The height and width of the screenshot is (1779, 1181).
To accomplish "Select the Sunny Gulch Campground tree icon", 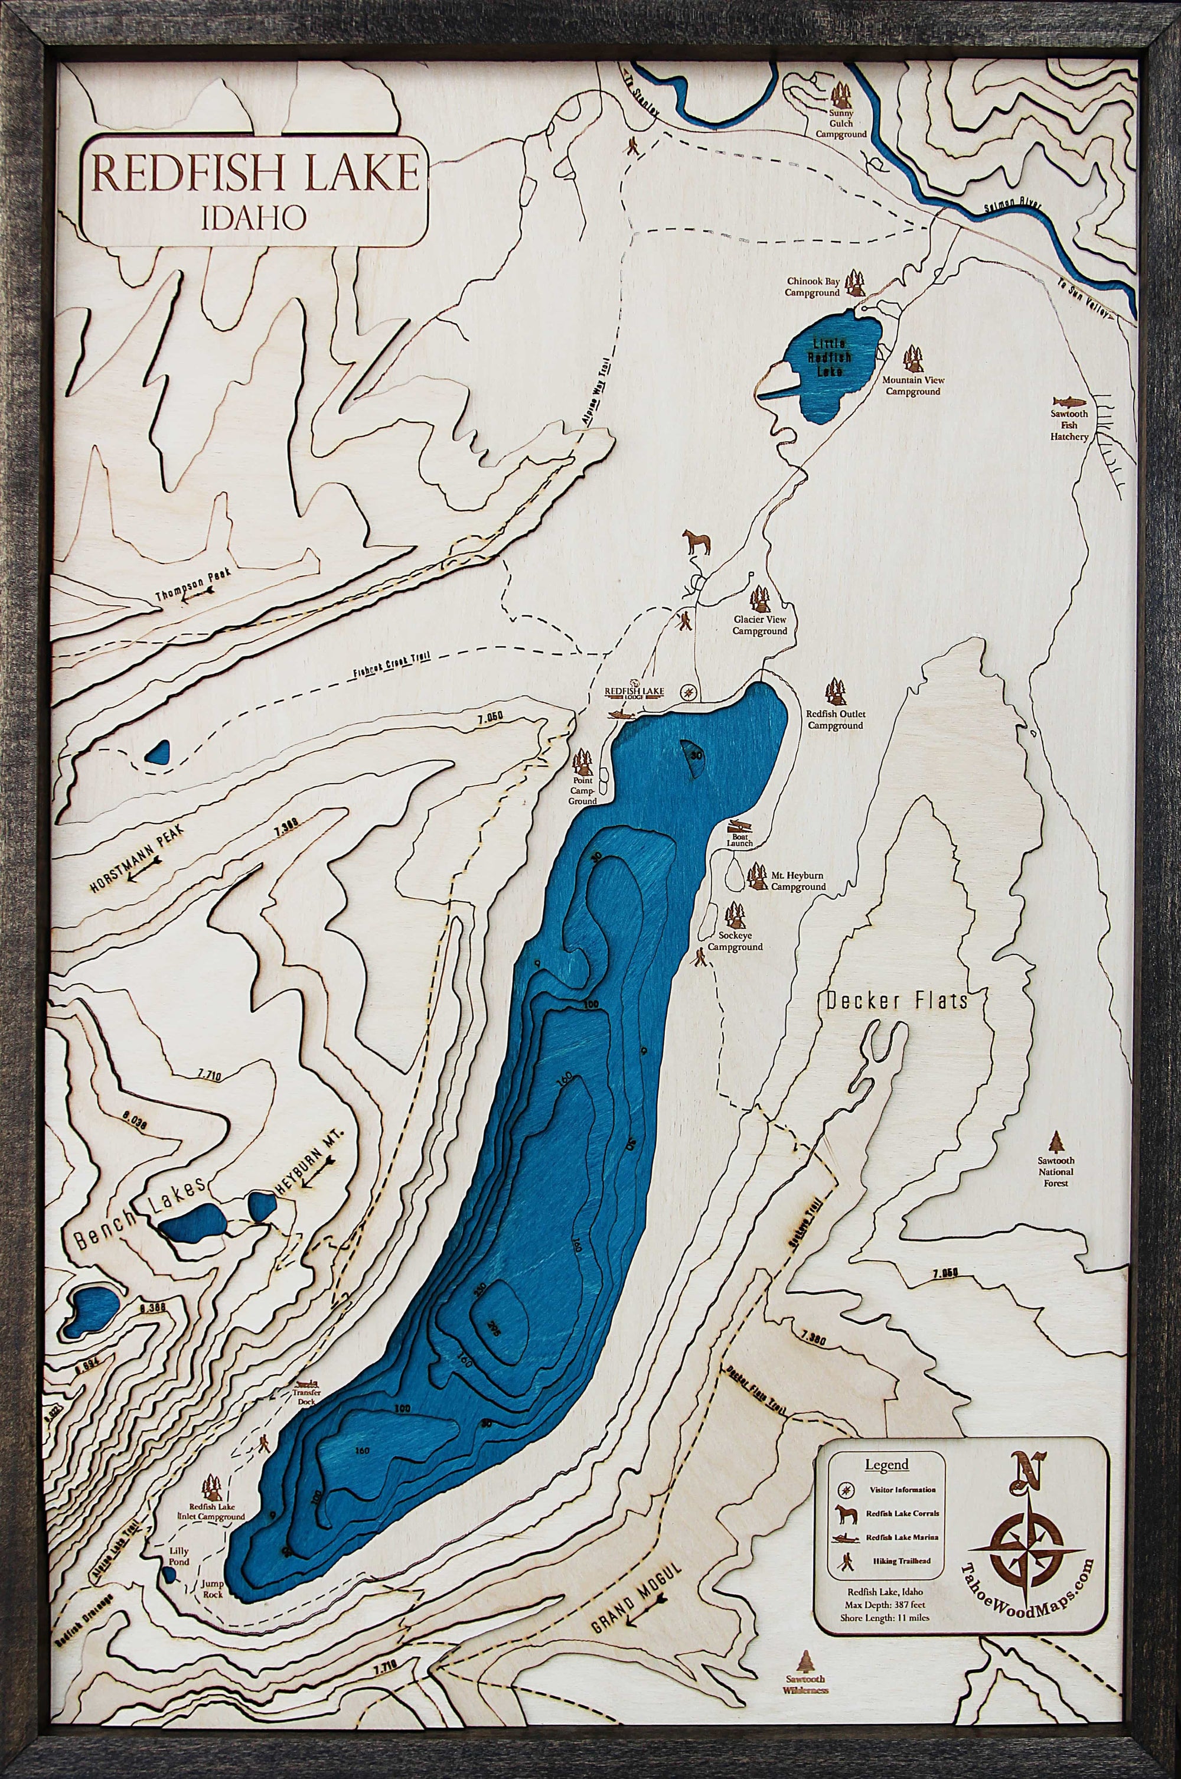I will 841,96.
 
